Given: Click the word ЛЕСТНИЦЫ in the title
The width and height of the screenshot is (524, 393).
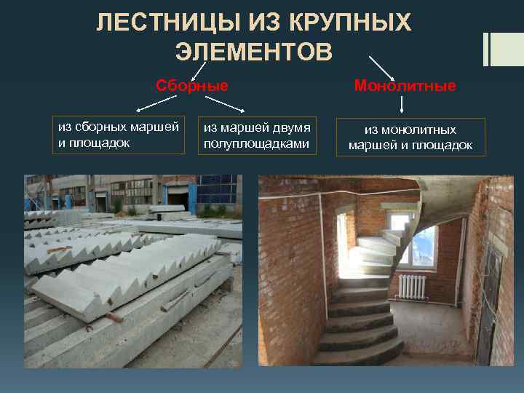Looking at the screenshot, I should [161, 24].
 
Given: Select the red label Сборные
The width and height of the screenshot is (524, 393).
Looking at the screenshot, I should [192, 85].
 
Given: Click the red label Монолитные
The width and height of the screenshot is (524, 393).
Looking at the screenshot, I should [405, 86].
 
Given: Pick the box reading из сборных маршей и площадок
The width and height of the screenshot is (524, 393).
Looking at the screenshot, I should [119, 135].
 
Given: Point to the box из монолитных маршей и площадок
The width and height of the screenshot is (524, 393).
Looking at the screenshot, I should [410, 138].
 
